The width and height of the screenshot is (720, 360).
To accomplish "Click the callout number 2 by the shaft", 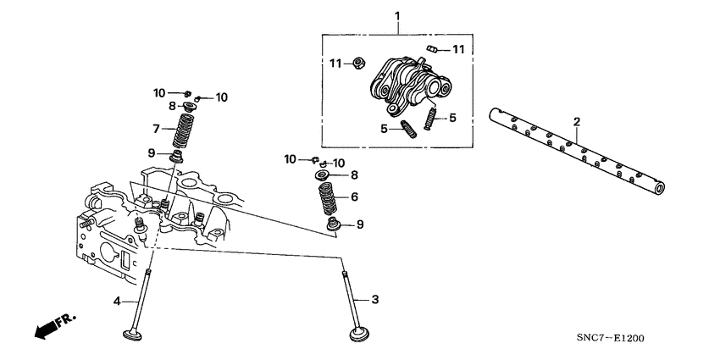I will point(576,123).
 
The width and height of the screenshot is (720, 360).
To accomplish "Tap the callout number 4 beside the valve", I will point(119,300).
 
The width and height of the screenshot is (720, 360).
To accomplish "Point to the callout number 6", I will point(353,197).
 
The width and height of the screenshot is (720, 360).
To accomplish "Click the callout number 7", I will point(156,129).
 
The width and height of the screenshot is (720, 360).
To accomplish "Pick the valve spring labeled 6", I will point(326,200).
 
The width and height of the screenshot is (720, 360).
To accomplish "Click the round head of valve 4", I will point(134,335).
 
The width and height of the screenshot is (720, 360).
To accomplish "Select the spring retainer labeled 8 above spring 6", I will point(325,176).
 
